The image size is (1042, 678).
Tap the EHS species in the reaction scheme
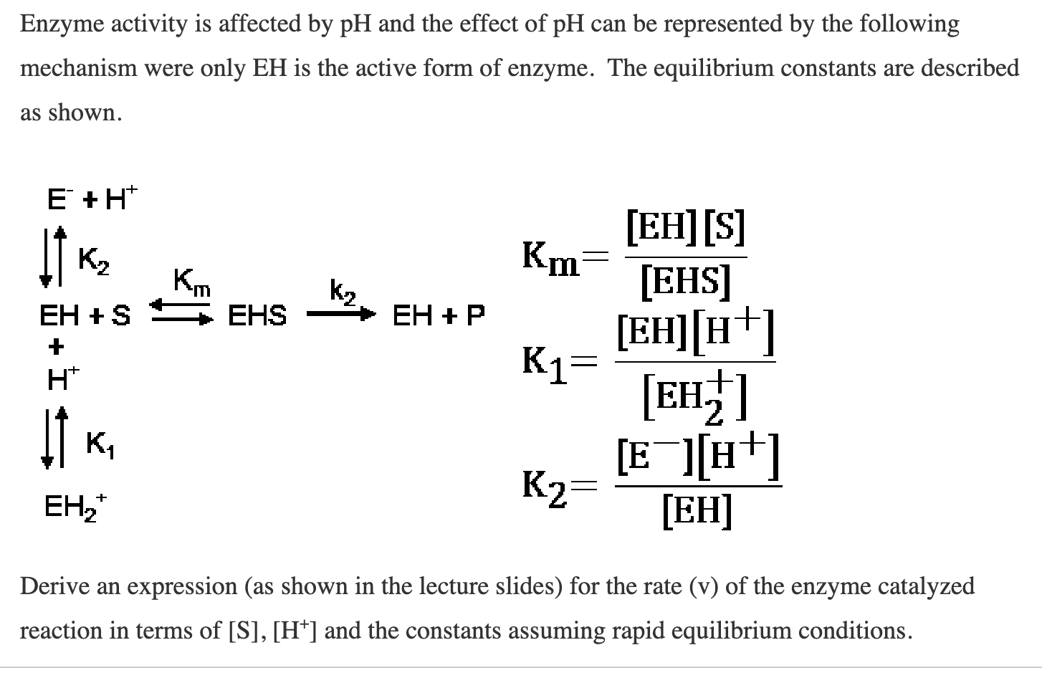coord(257,315)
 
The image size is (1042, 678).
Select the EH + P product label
coord(439,315)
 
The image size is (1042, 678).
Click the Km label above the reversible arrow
coord(192,281)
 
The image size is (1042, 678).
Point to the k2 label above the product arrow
coord(343,292)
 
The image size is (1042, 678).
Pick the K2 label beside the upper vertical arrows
coord(93,259)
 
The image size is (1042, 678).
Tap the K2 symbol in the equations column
coord(544,487)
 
